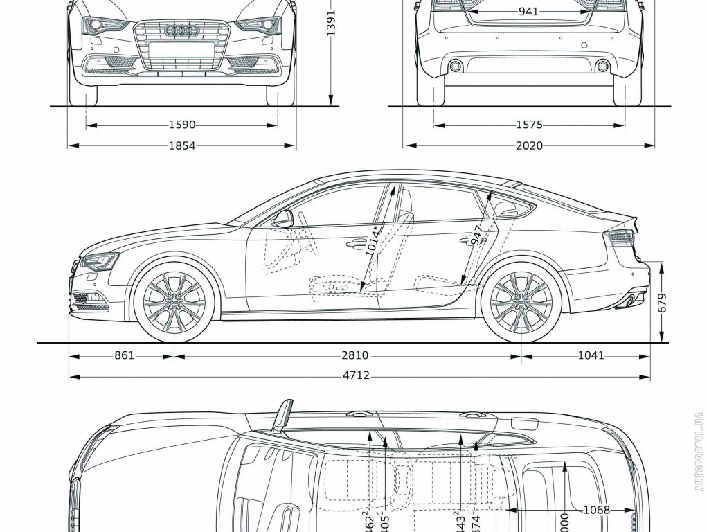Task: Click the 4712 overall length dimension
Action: [354, 376]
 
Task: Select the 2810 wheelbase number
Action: [354, 355]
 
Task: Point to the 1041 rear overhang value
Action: [590, 355]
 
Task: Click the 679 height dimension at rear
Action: [663, 303]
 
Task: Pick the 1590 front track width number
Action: [181, 125]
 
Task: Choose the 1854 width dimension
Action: [181, 145]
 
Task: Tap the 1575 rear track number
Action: [528, 125]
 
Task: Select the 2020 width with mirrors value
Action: [530, 145]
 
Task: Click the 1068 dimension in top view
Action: [595, 510]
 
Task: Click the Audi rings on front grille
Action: [181, 30]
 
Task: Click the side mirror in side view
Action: [283, 220]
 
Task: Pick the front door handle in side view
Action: [357, 242]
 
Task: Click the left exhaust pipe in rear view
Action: [455, 66]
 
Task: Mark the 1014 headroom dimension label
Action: [374, 242]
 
